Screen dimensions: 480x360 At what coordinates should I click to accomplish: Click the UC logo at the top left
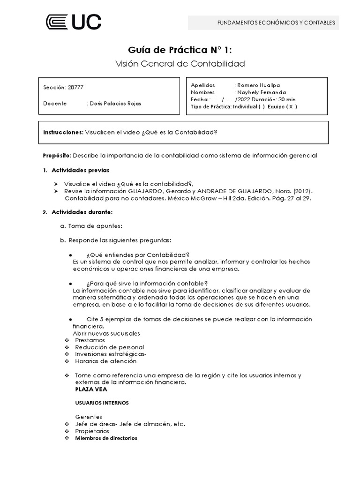pyautogui.click(x=73, y=22)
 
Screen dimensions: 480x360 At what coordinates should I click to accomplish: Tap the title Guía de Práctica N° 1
pyautogui.click(x=180, y=50)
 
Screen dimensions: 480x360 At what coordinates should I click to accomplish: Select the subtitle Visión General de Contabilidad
pyautogui.click(x=180, y=63)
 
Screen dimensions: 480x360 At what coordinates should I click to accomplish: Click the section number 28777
pyautogui.click(x=76, y=88)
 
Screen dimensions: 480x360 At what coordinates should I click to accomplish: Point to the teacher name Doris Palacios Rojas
pyautogui.click(x=114, y=104)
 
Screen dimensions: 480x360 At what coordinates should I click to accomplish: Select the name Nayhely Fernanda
pyautogui.click(x=262, y=92)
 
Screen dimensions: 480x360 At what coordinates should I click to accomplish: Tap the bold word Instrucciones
pyautogui.click(x=63, y=132)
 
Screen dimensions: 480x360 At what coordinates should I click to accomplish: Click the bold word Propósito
pyautogui.click(x=57, y=155)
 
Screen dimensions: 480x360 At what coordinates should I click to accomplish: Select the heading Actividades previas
pyautogui.click(x=80, y=170)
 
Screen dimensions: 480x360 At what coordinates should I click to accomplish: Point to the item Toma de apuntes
pyautogui.click(x=95, y=226)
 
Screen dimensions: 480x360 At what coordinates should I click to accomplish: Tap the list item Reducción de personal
pyautogui.click(x=109, y=347)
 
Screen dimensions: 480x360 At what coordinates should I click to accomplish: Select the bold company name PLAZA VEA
pyautogui.click(x=91, y=389)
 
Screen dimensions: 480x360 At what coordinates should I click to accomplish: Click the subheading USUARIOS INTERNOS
pyautogui.click(x=102, y=403)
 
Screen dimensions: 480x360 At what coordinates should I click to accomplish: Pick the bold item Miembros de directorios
pyautogui.click(x=106, y=438)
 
